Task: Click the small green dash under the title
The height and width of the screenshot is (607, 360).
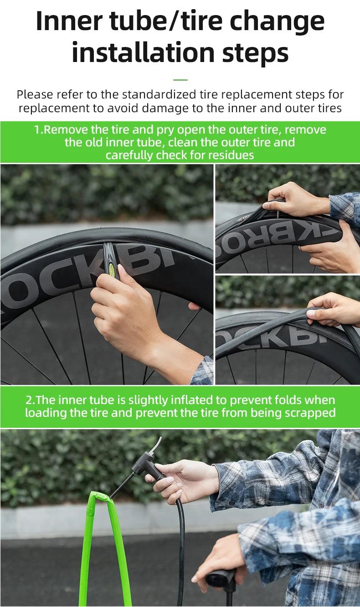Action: (180, 80)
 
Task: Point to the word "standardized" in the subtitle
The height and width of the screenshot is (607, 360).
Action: (159, 94)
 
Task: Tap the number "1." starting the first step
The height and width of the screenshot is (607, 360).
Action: (38, 130)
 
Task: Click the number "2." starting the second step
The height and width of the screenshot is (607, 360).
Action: (30, 400)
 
